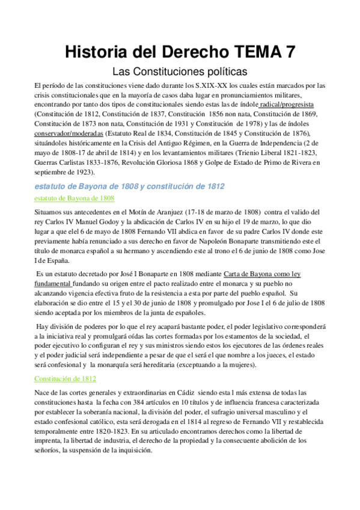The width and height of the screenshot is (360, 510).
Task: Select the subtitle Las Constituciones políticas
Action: click(180, 71)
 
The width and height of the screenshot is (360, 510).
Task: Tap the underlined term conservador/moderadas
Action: click(69, 133)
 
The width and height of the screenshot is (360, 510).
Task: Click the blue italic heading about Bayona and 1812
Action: click(130, 186)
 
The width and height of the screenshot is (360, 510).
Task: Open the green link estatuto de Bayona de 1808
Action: click(75, 198)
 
